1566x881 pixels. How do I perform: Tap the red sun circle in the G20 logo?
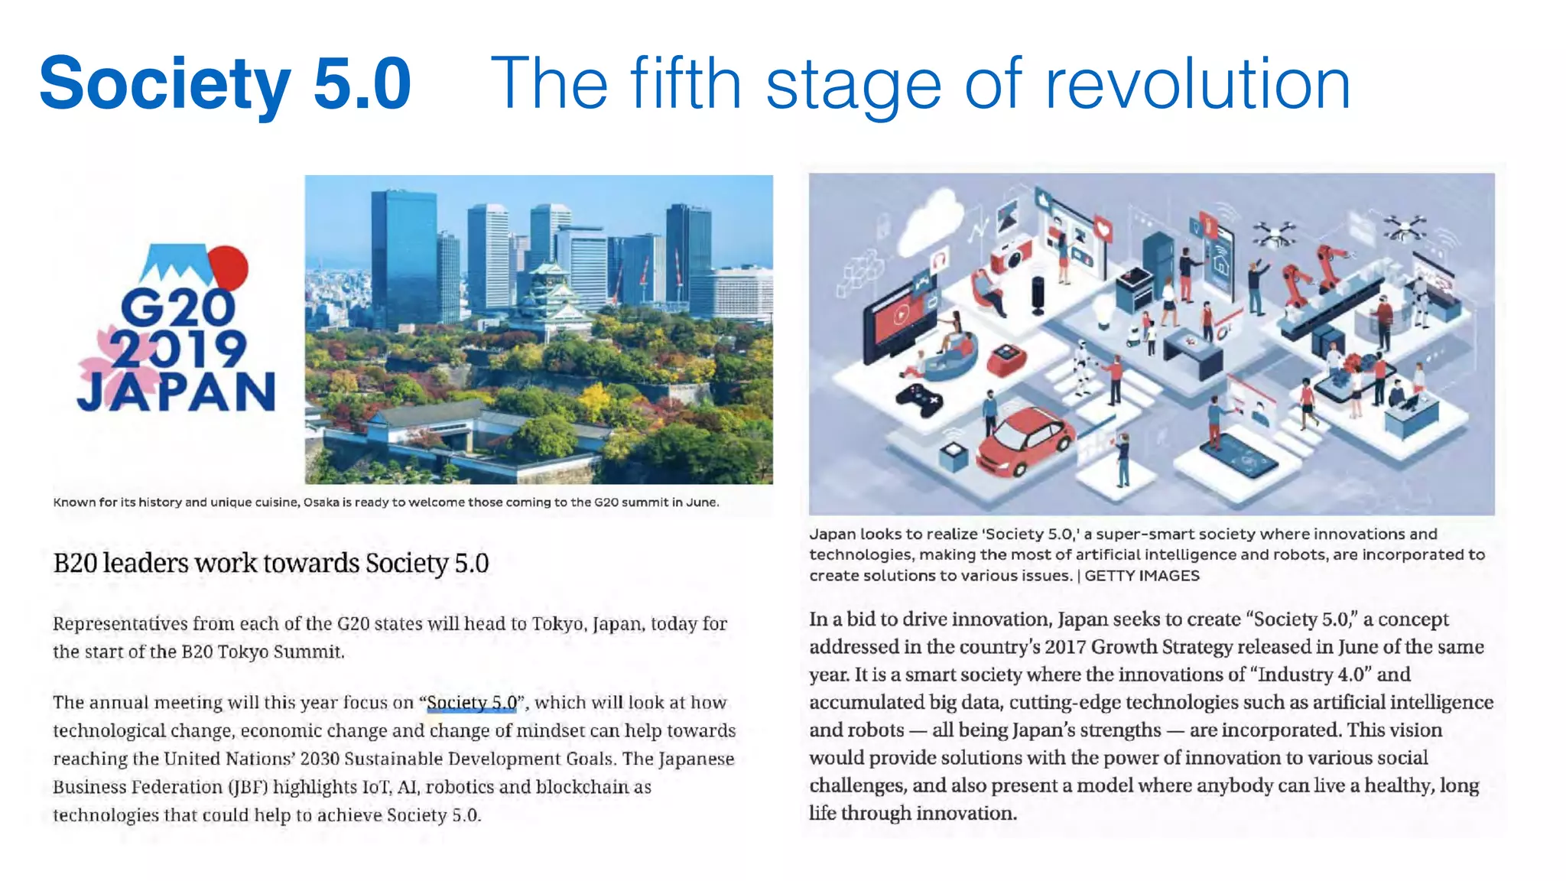(x=229, y=267)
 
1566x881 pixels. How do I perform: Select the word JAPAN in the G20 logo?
(x=176, y=392)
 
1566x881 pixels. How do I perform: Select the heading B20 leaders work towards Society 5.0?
(x=271, y=564)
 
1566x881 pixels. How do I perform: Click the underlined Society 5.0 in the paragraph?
(x=472, y=702)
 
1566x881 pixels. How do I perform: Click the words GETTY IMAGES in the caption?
(x=1142, y=576)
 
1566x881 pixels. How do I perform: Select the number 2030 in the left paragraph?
(x=319, y=759)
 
